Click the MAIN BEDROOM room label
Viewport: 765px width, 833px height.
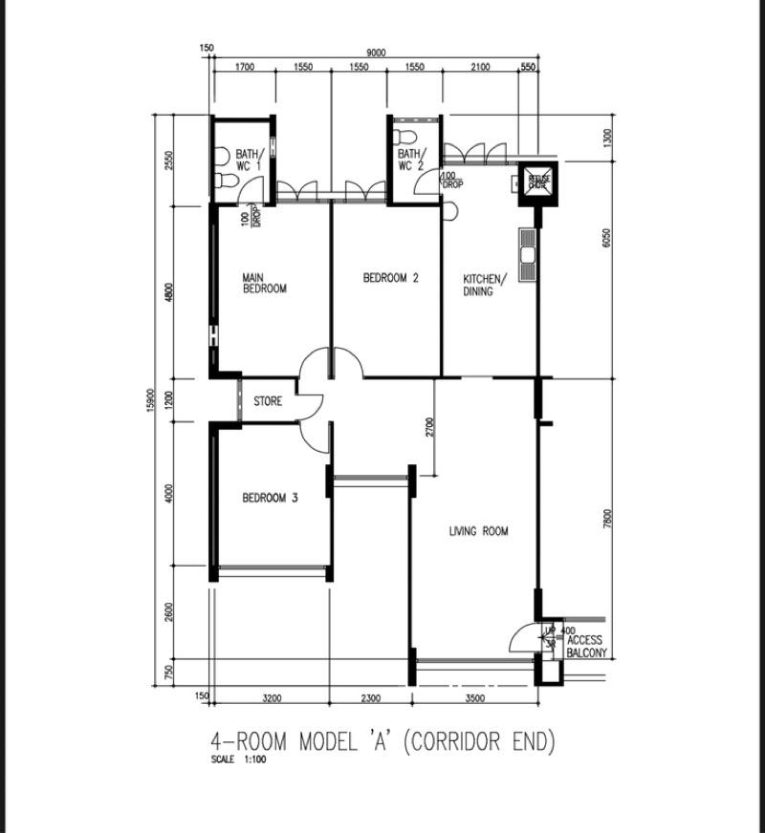pos(264,283)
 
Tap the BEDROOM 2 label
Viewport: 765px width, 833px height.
pos(390,279)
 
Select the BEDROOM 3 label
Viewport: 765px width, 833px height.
pos(270,498)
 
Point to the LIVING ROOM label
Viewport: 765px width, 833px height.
pos(478,532)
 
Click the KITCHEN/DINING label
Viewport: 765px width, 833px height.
pos(482,286)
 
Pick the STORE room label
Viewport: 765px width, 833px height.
pos(268,402)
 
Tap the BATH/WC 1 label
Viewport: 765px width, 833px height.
pos(250,160)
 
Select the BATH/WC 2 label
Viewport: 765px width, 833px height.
pos(411,160)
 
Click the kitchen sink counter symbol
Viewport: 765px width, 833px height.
pos(528,255)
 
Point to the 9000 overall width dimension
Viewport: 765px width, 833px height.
pos(376,53)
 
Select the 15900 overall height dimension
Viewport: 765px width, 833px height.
pos(151,399)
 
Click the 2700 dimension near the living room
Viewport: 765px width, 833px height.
pos(429,427)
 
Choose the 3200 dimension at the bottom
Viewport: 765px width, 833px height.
pos(271,698)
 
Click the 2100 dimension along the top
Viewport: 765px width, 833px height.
pos(480,67)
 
